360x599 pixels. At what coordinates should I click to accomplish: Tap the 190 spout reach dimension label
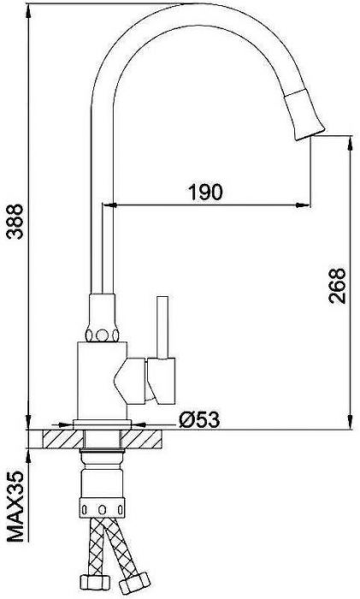(205, 192)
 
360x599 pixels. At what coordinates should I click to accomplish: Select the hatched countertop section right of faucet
(151, 440)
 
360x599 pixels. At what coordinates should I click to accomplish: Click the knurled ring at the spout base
(102, 332)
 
